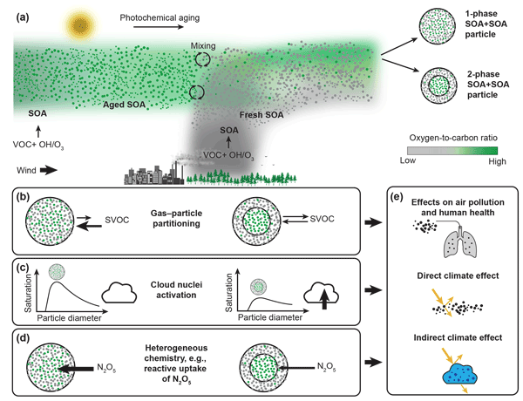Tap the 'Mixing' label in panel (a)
204,45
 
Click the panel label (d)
19,333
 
